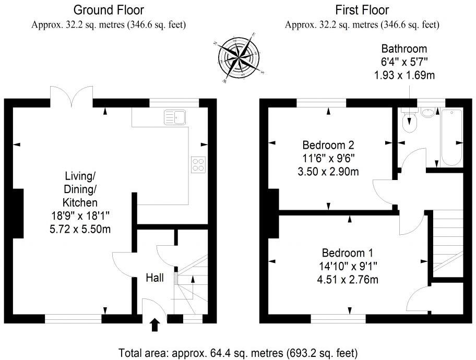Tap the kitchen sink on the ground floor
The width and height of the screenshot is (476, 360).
click(x=175, y=117)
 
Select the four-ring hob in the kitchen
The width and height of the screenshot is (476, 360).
click(x=199, y=164)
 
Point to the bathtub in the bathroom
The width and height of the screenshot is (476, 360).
click(x=450, y=137)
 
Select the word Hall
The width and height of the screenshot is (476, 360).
click(x=154, y=278)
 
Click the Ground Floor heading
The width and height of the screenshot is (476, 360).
click(x=109, y=10)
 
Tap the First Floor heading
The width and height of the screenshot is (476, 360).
click(x=362, y=10)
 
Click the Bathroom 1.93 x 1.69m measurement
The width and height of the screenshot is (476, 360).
click(x=404, y=75)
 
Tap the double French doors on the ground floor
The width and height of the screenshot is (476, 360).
click(x=72, y=97)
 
